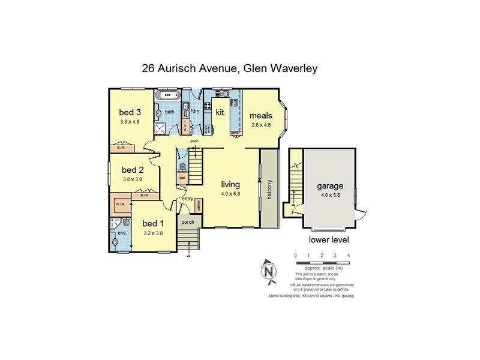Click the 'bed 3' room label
click(130, 112)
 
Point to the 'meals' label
click(261, 115)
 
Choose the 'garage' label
click(330, 186)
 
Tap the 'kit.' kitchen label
click(220, 112)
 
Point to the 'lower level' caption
click(329, 240)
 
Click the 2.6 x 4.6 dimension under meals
click(261, 124)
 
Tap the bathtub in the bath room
click(164, 95)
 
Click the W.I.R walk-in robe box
click(119, 205)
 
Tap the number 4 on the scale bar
click(349, 255)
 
